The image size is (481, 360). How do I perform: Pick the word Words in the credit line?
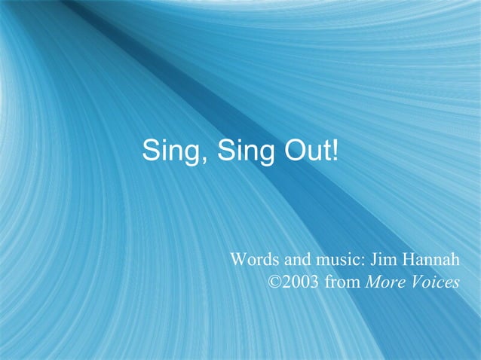[256, 260]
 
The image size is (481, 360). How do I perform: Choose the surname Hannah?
[434, 260]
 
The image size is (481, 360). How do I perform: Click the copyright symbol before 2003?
[275, 283]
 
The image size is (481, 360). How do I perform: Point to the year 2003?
[302, 283]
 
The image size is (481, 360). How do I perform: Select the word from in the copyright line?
[344, 283]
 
